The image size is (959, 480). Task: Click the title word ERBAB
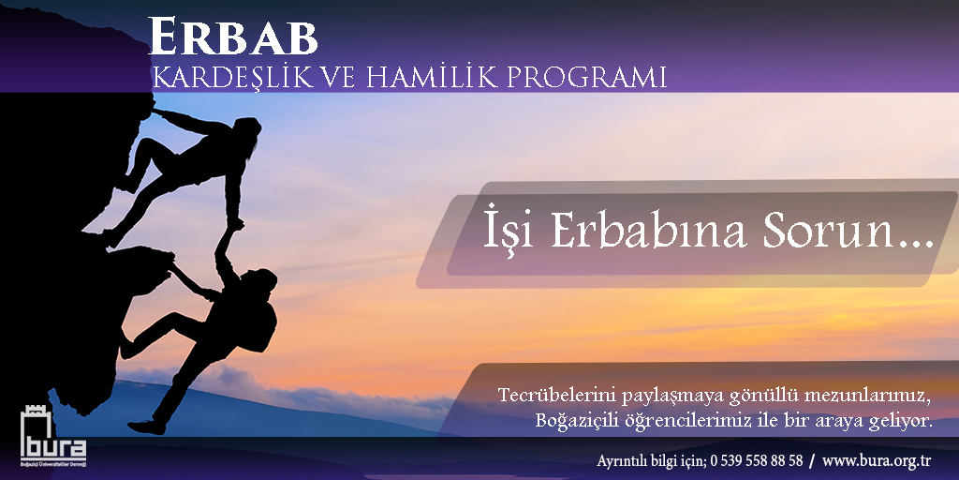[233, 37]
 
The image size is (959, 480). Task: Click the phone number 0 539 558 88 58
[757, 459]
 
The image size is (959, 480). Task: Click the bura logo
[53, 436]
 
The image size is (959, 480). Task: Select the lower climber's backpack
[264, 325]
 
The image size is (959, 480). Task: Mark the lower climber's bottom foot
[146, 427]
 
